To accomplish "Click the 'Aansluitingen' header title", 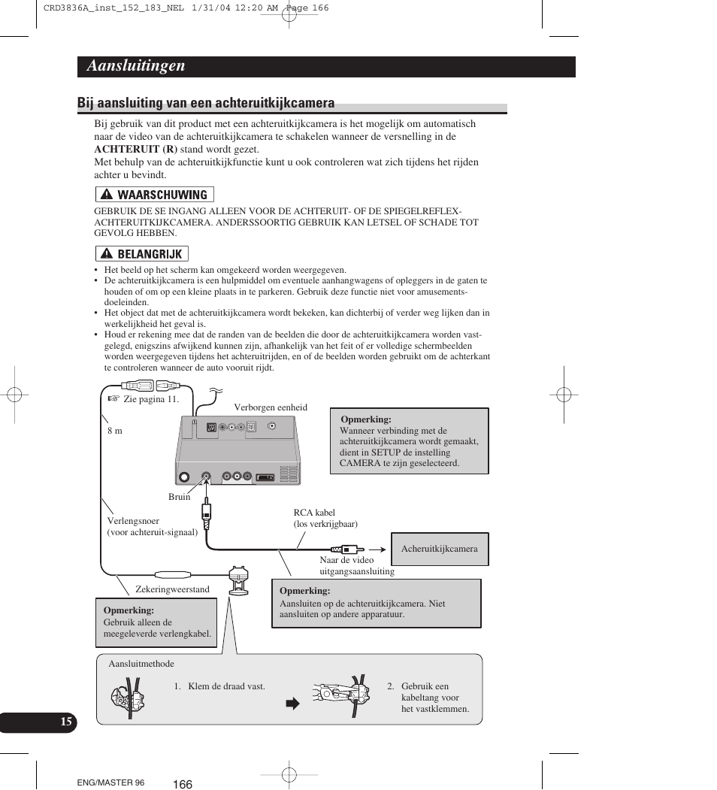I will click(x=136, y=66).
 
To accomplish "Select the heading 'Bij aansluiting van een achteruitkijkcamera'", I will click(x=206, y=103).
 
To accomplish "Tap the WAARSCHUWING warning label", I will click(x=155, y=195).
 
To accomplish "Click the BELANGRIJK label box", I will click(x=142, y=254).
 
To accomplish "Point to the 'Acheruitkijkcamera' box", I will click(x=439, y=549).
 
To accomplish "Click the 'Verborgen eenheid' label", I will click(x=271, y=407).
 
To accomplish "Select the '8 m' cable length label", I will click(x=114, y=431).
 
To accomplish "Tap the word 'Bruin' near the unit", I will click(x=180, y=497).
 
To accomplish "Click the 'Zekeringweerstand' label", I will click(x=172, y=589).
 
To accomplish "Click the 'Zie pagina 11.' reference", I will click(x=151, y=399).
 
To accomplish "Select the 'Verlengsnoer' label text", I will click(x=133, y=520).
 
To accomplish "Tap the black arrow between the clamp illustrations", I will click(x=292, y=704).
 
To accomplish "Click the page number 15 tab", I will click(x=66, y=722).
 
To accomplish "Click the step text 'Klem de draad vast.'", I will click(x=226, y=686).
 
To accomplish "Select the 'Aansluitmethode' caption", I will click(x=141, y=664).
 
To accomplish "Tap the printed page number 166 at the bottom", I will click(x=183, y=784).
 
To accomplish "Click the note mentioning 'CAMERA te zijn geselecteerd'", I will click(x=409, y=441).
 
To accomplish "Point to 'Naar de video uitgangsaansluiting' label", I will click(x=356, y=565).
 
